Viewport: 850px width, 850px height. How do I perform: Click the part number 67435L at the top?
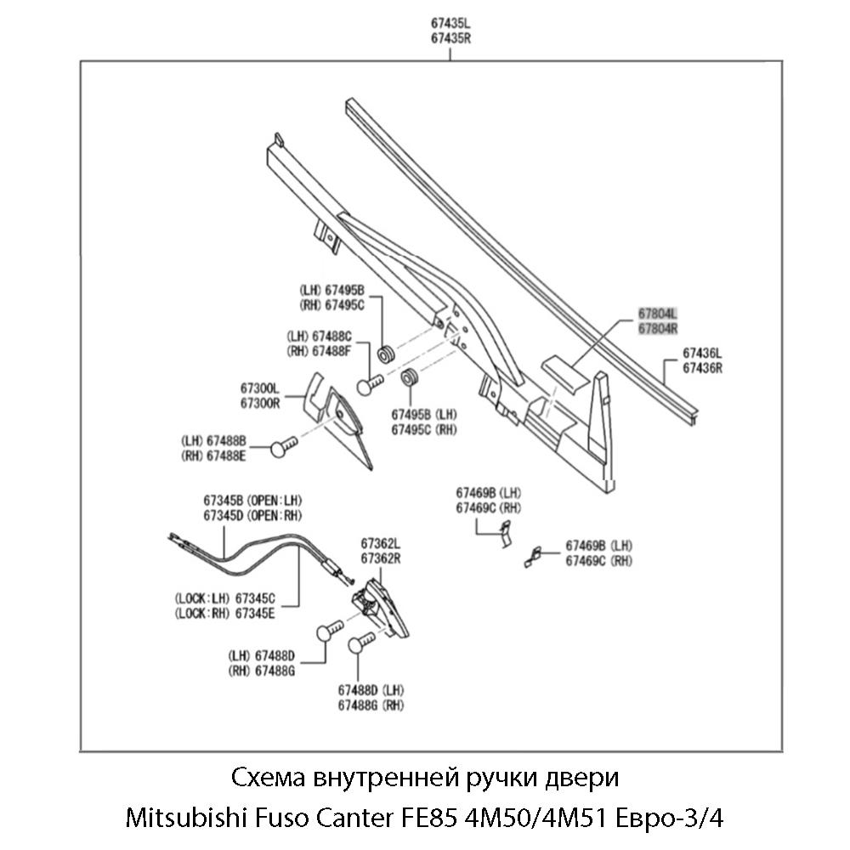pos(450,25)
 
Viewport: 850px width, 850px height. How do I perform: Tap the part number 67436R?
pos(702,369)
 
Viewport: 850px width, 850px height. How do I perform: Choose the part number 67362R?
pos(380,558)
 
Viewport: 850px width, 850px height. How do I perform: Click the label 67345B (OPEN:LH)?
pos(252,500)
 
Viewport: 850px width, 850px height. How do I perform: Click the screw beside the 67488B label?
pos(283,447)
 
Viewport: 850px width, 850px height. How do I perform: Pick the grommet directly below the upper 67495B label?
pos(385,351)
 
